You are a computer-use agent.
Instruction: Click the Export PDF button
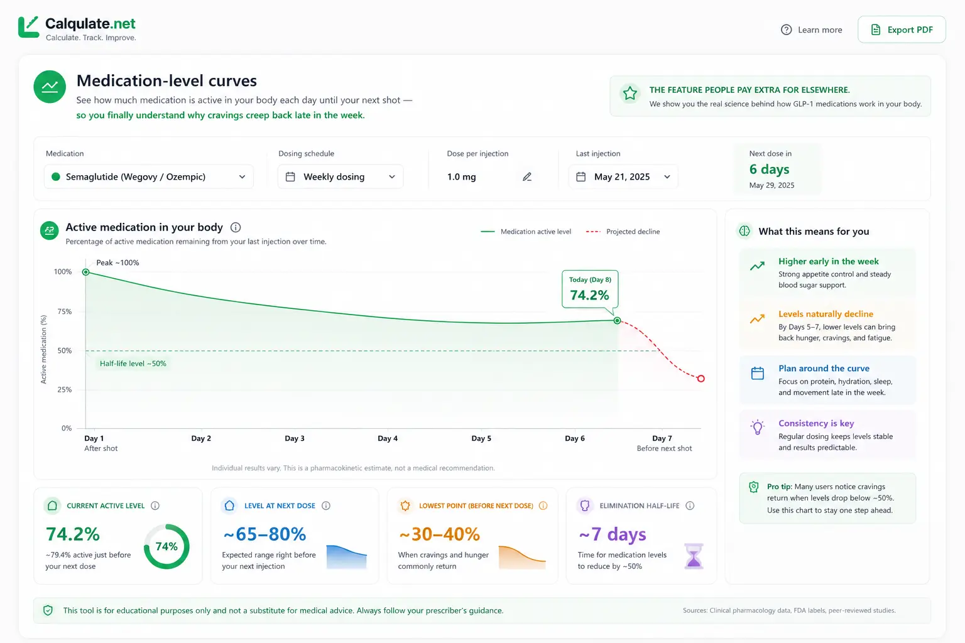coord(902,30)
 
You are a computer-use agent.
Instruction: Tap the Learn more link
coord(811,30)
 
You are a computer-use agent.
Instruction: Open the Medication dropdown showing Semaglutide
coord(149,176)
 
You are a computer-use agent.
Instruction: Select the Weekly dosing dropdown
coord(341,176)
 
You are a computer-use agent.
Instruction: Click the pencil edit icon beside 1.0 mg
coord(527,176)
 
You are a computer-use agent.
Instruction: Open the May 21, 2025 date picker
coord(623,176)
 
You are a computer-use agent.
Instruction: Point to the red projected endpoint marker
coord(701,379)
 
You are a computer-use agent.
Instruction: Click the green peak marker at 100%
coord(85,272)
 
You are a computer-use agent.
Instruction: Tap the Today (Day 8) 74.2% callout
coord(590,289)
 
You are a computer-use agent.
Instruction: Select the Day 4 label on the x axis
coord(388,438)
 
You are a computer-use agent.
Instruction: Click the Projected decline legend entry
coord(623,232)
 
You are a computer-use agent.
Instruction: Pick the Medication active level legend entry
coord(526,232)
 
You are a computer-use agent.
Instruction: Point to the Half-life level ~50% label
coord(133,364)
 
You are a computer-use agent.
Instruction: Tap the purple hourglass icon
coord(694,556)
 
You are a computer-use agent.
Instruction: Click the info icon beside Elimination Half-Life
coord(690,505)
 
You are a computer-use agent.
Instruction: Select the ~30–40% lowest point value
coord(439,534)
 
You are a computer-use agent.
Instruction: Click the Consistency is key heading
coord(816,423)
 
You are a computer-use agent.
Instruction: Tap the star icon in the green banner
coord(630,93)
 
